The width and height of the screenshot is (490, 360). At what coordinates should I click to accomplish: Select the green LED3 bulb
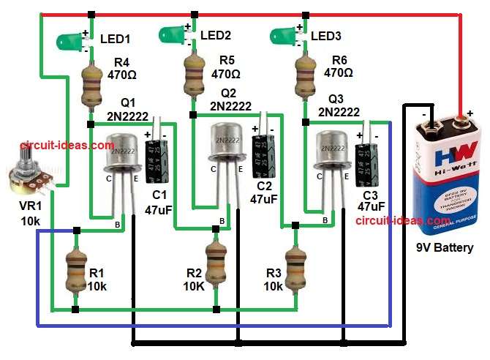[284, 34]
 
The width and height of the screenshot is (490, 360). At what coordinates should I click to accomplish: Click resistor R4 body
[90, 83]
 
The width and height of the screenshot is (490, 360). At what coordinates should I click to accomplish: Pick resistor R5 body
[193, 77]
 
